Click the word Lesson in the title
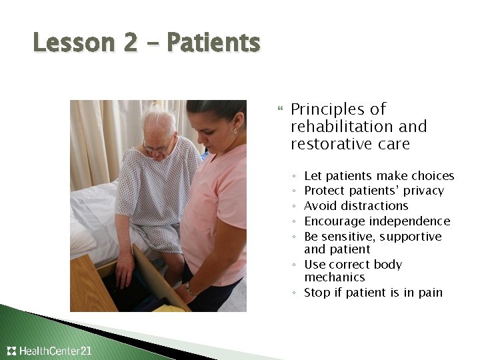(66, 43)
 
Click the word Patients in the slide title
(213, 43)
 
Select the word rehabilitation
(337, 127)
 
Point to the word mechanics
(335, 277)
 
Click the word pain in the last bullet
(430, 293)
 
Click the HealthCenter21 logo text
(55, 351)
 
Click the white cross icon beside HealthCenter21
(11, 351)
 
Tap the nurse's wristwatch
(189, 289)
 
